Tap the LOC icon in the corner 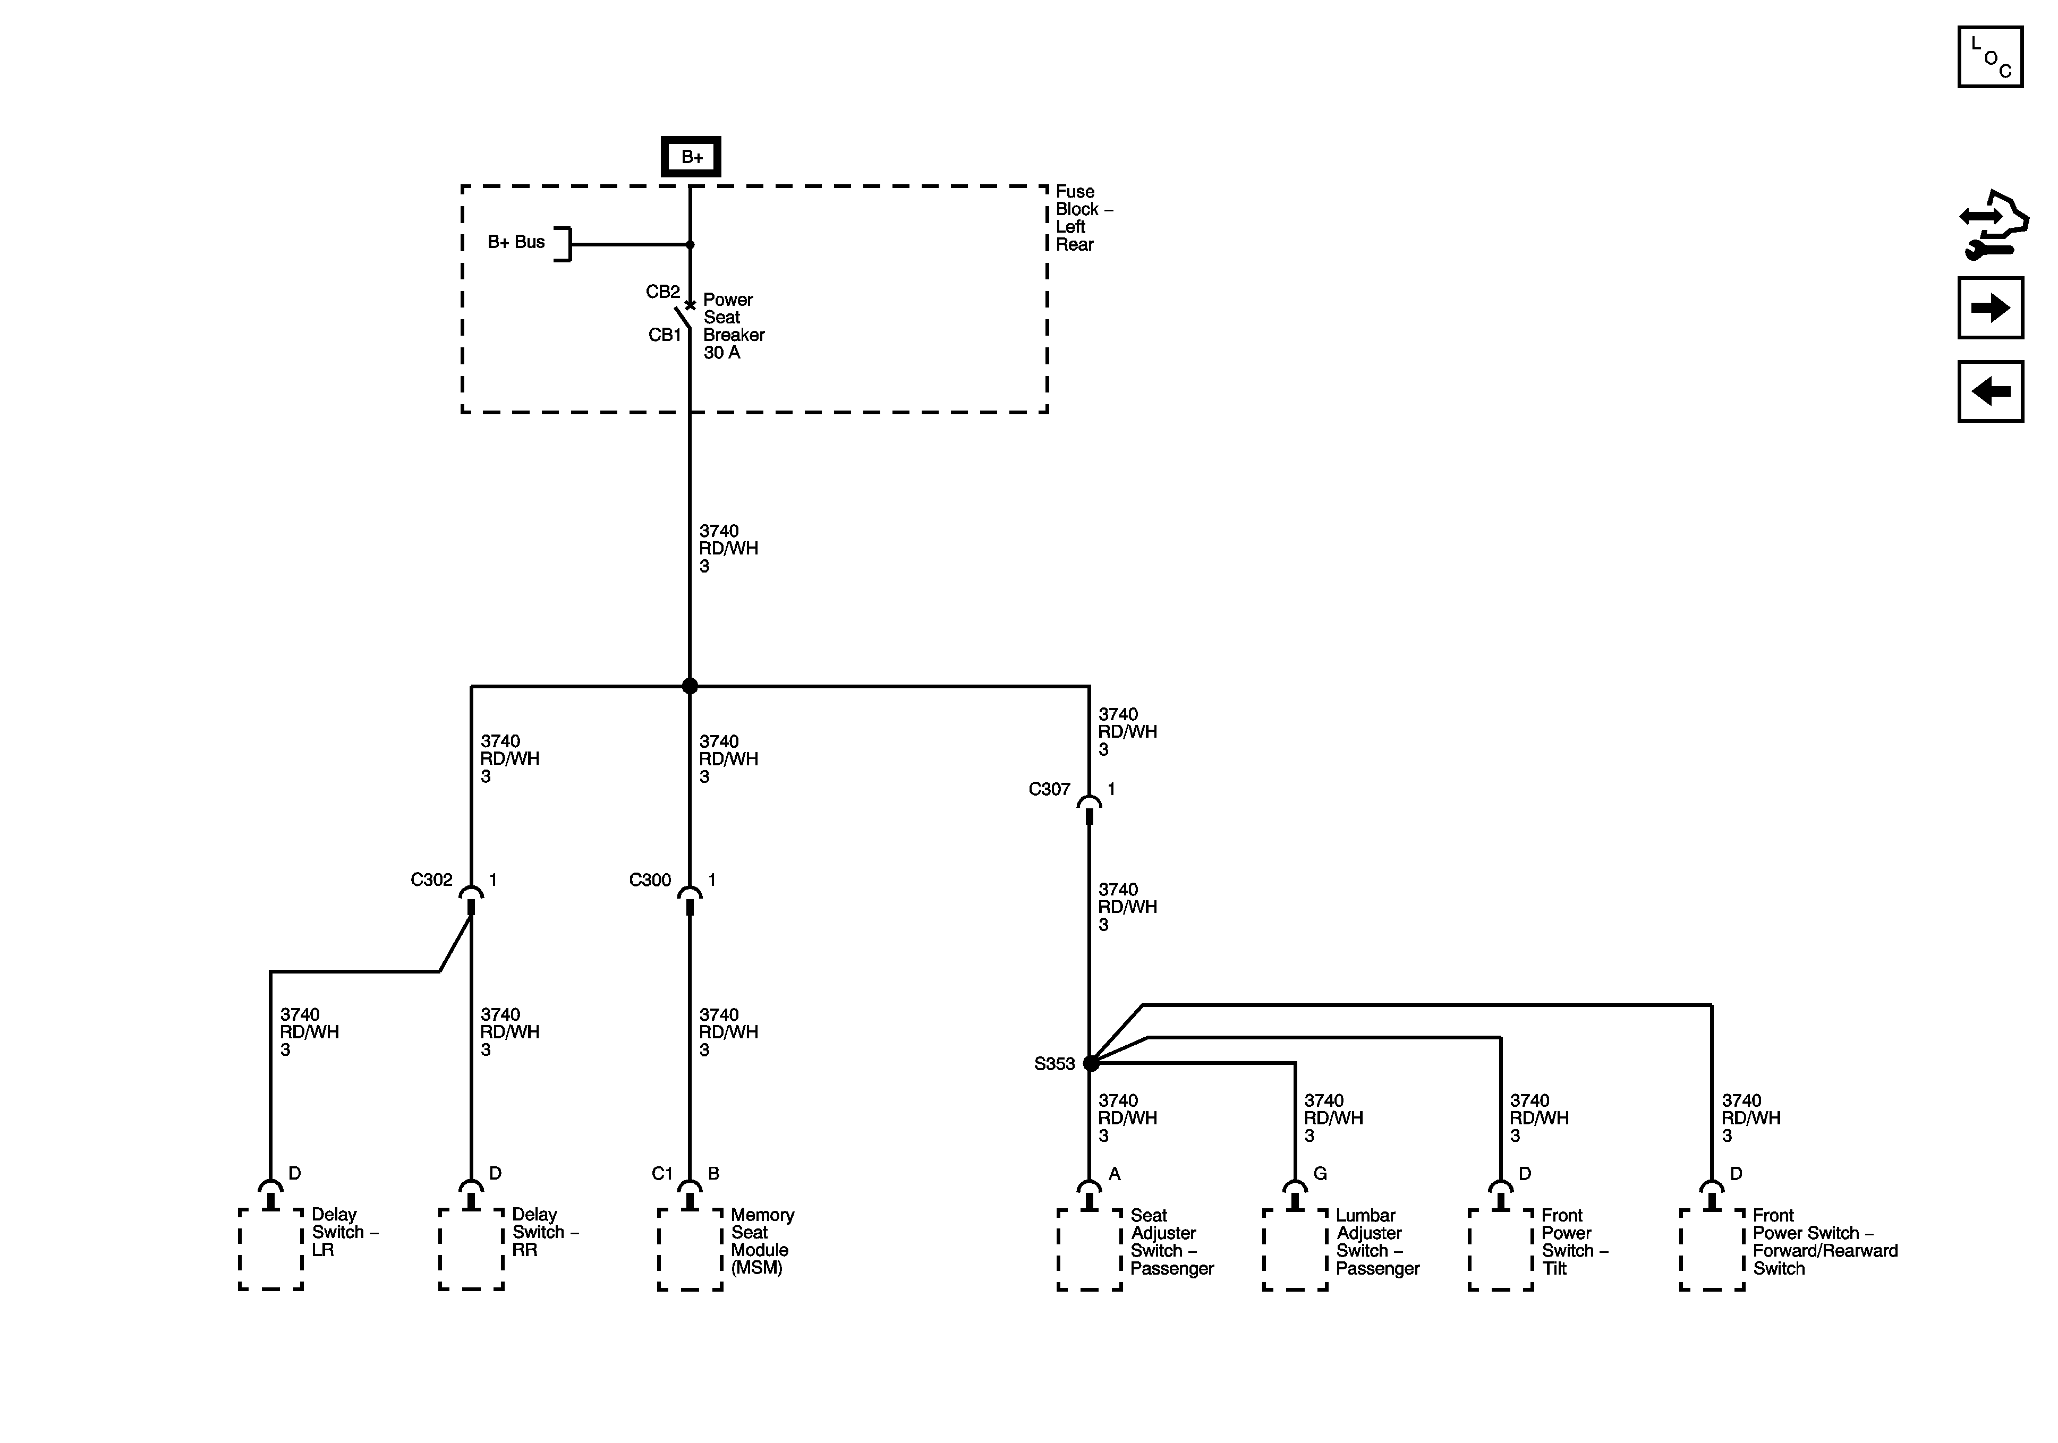tap(1990, 57)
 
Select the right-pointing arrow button tap(1990, 309)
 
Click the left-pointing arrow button tap(1990, 391)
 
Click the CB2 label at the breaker tap(662, 292)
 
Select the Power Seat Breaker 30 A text tap(733, 326)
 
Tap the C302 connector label tap(431, 880)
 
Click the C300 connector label tap(650, 880)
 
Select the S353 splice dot tap(1090, 1064)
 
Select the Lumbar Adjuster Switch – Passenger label tap(1377, 1242)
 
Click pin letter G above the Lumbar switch tap(1320, 1174)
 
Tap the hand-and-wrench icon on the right tap(1994, 225)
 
